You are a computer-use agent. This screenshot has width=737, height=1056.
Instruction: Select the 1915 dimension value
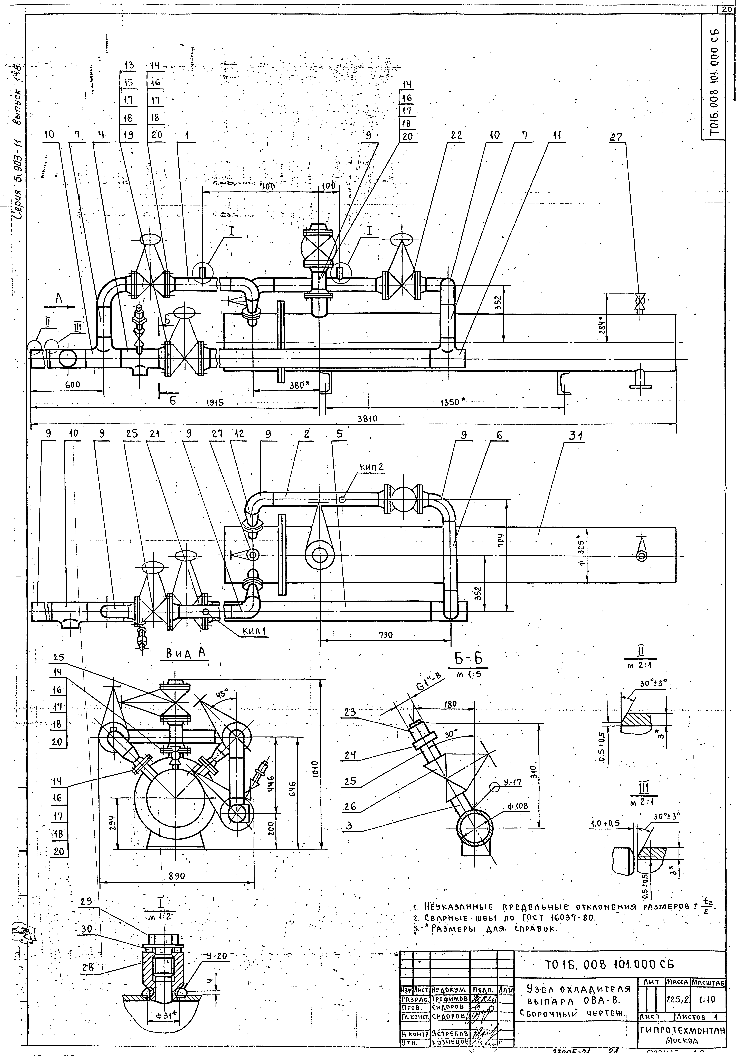[214, 402]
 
